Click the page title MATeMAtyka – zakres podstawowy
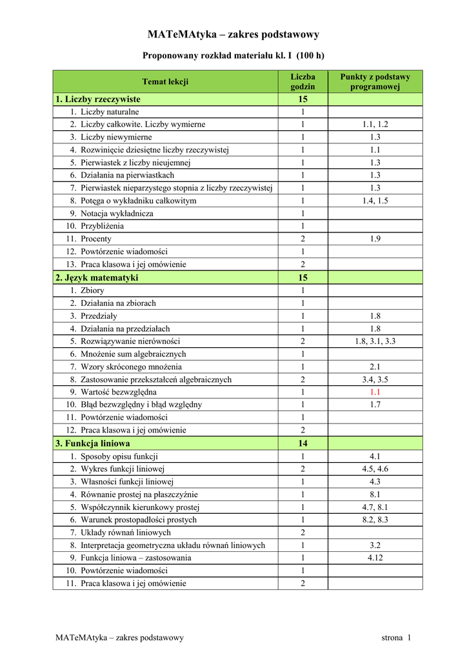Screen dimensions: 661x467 pyautogui.click(x=234, y=34)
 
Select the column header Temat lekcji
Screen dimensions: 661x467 pyautogui.click(x=165, y=81)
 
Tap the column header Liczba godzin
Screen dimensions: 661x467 pyautogui.click(x=303, y=81)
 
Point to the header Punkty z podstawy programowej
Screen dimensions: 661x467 pyautogui.click(x=375, y=81)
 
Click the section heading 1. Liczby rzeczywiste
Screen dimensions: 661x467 pyautogui.click(x=98, y=99)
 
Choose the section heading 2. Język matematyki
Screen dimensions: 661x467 pyautogui.click(x=97, y=278)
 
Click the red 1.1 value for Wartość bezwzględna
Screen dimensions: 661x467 pyautogui.click(x=375, y=392)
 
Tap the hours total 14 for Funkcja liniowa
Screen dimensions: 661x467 pyautogui.click(x=303, y=443)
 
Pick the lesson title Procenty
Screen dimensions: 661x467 pyautogui.click(x=96, y=239)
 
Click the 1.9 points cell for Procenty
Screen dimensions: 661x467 pyautogui.click(x=375, y=239)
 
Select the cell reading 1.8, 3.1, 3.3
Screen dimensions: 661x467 pyautogui.click(x=375, y=341)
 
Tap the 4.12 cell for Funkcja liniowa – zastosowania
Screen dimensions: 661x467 pyautogui.click(x=375, y=558)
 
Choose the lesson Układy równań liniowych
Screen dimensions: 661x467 pyautogui.click(x=126, y=533)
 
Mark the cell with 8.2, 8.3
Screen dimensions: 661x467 pyautogui.click(x=375, y=520)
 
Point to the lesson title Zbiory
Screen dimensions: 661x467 pyautogui.click(x=92, y=290)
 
